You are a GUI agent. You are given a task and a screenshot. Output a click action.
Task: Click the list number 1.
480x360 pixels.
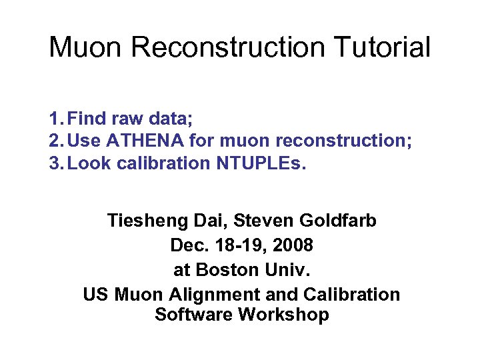pyautogui.click(x=55, y=119)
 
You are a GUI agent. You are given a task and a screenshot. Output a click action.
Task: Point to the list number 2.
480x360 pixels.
pyautogui.click(x=55, y=141)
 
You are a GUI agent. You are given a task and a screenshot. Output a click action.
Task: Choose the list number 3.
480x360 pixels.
pyautogui.click(x=55, y=163)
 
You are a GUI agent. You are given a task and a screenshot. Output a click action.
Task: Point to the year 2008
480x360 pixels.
pyautogui.click(x=291, y=245)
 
